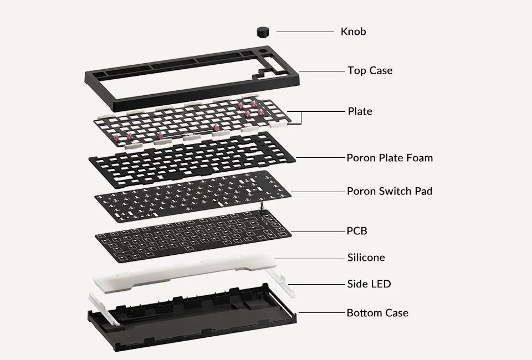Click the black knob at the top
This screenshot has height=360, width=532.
(263, 32)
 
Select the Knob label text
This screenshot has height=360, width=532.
(353, 32)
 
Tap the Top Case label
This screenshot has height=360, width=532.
(370, 70)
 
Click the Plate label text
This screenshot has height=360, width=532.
(360, 111)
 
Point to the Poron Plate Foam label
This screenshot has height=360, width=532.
(390, 158)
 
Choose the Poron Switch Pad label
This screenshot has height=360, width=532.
(390, 191)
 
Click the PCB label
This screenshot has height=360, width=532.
(357, 231)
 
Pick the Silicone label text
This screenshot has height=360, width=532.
(366, 258)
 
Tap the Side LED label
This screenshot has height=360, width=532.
(369, 284)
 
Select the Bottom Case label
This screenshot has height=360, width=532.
(377, 313)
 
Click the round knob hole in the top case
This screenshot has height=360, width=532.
(262, 52)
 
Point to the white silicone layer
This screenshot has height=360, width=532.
(183, 272)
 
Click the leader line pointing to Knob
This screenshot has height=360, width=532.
(305, 32)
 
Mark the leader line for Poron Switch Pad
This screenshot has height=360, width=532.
(318, 192)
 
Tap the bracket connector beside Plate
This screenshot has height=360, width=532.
(301, 117)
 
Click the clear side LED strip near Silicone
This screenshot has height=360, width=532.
(280, 284)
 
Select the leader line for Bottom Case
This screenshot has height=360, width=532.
(321, 313)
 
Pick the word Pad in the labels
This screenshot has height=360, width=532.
(424, 191)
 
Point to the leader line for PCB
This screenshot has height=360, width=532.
(318, 232)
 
